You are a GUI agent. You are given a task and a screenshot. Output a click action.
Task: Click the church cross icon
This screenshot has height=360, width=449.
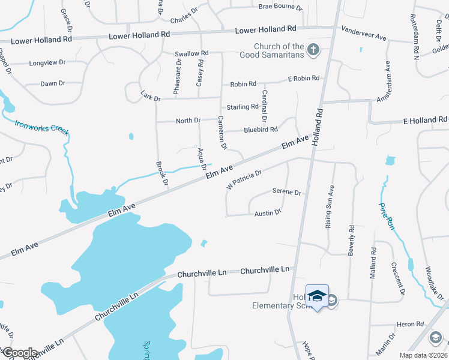(x=313, y=49)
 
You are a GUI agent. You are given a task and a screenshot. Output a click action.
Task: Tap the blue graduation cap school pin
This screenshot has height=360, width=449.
(x=317, y=296)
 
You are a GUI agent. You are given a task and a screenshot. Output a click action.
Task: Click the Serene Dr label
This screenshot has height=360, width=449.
(x=286, y=193)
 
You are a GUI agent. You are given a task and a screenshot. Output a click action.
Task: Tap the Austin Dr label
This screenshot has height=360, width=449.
(x=268, y=213)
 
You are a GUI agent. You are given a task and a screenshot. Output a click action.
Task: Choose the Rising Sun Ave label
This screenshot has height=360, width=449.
(x=330, y=206)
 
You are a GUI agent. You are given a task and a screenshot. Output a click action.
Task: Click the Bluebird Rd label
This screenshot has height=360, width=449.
(x=261, y=130)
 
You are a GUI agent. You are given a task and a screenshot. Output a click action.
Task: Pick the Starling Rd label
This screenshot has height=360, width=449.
(x=243, y=107)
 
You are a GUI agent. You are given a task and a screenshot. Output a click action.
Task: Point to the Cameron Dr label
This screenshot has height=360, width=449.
(x=222, y=132)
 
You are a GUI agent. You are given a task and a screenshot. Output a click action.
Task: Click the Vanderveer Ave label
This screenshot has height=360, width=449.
(x=364, y=32)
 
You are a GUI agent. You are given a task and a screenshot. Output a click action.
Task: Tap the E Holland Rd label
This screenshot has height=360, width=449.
(x=426, y=121)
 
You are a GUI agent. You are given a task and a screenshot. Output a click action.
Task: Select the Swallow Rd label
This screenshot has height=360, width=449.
(x=191, y=53)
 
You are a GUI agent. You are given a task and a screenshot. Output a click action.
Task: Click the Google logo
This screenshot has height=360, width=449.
(x=19, y=352)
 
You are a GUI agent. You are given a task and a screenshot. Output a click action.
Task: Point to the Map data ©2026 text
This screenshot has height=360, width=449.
(x=424, y=355)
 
